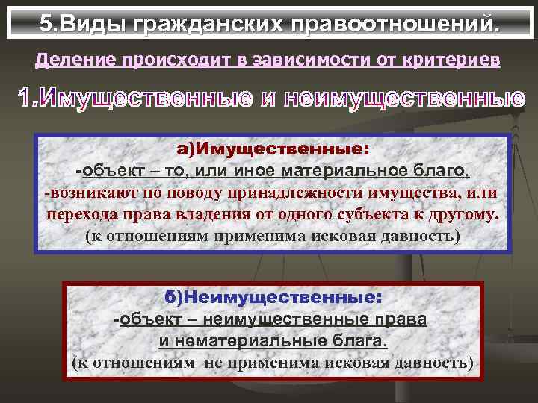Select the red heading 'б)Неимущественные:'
coord(273,298)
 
